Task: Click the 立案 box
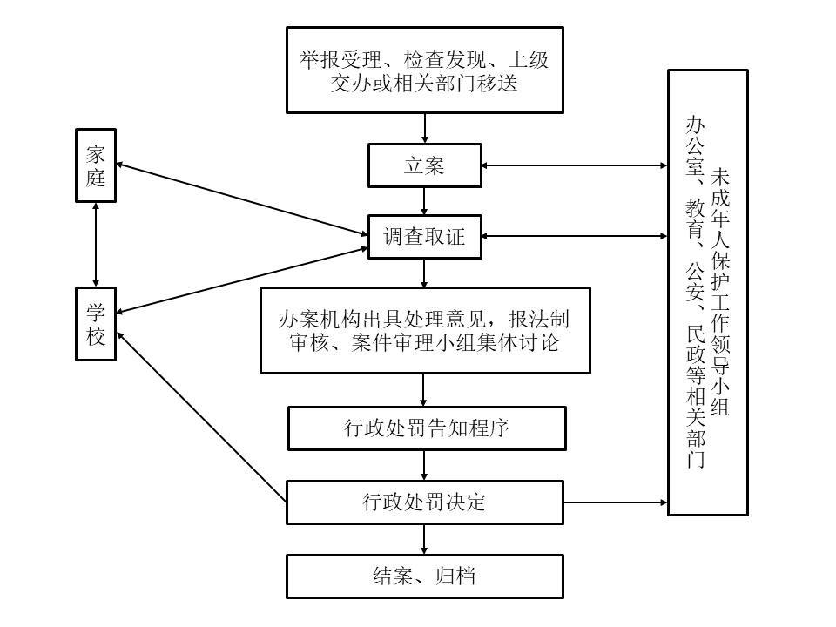coord(424,165)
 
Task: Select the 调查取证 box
coord(424,237)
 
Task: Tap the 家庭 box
coord(95,165)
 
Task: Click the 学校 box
coord(95,325)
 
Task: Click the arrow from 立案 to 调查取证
coord(424,201)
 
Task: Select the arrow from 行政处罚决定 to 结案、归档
coord(424,539)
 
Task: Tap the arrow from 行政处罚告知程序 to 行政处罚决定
coord(424,465)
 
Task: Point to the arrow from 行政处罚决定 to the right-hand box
coord(616,502)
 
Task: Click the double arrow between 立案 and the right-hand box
coord(575,165)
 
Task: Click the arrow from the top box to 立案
coord(424,128)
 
